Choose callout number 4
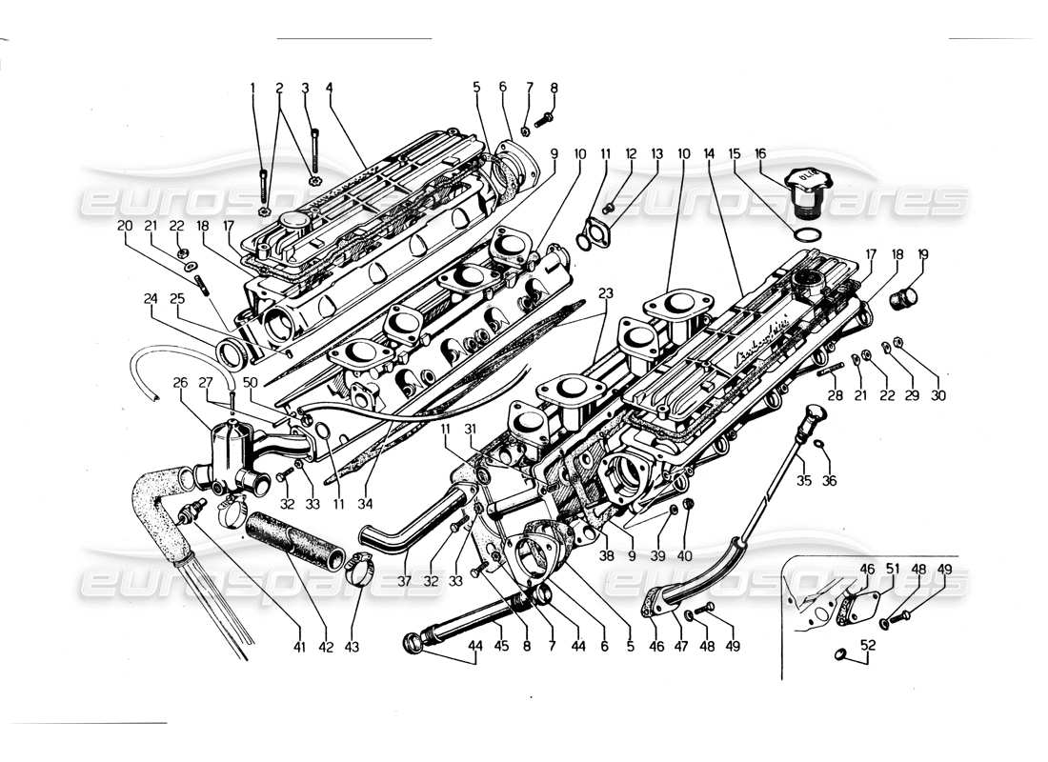[x=329, y=88]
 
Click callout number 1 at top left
[x=253, y=88]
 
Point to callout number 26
[x=179, y=384]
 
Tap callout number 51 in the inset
[x=893, y=569]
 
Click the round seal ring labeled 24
[x=232, y=355]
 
